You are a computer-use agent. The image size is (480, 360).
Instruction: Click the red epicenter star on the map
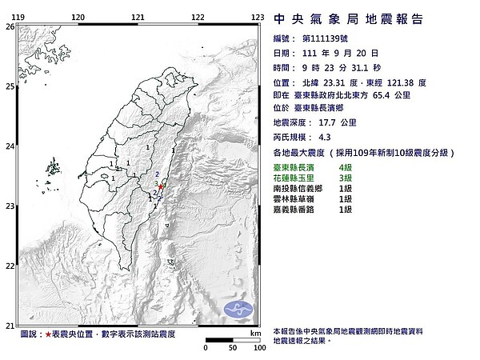(162, 186)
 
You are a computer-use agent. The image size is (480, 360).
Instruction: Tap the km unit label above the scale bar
(254, 332)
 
